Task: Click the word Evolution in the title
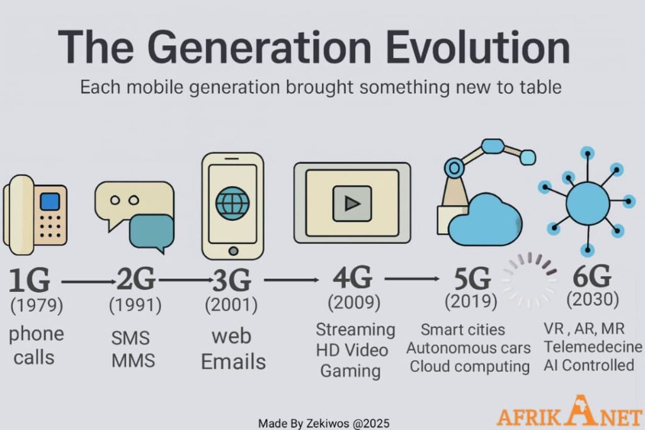point(478,47)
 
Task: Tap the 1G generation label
point(29,280)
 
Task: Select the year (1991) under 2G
point(135,305)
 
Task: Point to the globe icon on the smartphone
point(232,204)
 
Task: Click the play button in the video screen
point(352,204)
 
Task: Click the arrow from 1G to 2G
point(89,282)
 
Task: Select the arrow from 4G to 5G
point(412,279)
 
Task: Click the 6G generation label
point(591,276)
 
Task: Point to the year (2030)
point(592,299)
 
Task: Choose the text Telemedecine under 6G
point(593,347)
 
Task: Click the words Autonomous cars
point(469,348)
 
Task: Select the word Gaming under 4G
point(350,371)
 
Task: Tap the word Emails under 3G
point(233,362)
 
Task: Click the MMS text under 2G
point(134,361)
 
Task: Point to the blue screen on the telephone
point(50,202)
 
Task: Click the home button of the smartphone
point(233,251)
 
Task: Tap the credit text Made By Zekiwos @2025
point(324,423)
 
